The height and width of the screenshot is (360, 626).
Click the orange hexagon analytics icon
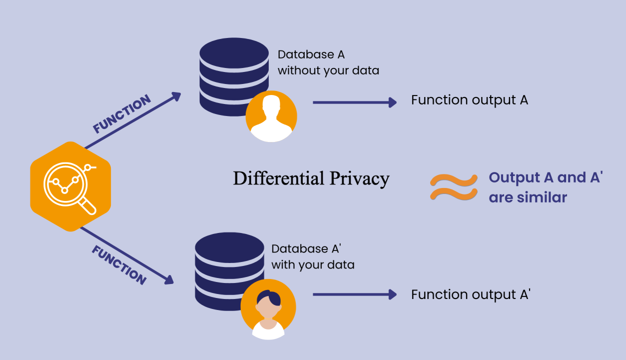[70, 186]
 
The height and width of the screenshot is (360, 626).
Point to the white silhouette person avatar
[271, 117]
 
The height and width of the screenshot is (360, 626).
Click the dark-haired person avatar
[268, 309]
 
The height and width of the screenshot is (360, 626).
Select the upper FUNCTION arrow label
[122, 114]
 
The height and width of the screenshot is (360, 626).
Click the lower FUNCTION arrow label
[119, 265]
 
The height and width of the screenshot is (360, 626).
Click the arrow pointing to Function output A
[354, 102]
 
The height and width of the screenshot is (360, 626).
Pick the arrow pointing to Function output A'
[354, 294]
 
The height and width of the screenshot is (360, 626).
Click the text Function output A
[469, 100]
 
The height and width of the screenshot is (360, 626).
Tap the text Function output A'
[470, 294]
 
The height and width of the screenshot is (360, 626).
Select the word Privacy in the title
[359, 179]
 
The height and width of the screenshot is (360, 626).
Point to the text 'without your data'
[328, 70]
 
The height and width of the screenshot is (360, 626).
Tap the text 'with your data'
[313, 264]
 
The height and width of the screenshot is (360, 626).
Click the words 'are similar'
[528, 197]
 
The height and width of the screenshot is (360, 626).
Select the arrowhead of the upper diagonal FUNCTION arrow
[176, 95]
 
